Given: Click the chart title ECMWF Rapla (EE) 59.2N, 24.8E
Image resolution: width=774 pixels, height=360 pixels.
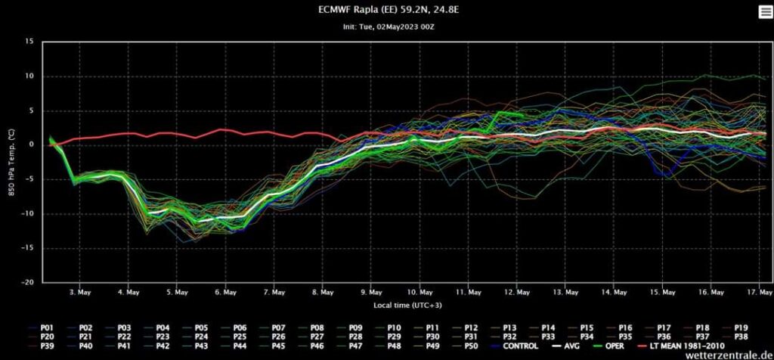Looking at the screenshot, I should [386, 11].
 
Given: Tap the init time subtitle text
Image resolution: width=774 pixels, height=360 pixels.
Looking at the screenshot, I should [386, 27].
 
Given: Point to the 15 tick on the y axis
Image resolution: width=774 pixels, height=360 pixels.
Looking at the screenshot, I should [28, 42].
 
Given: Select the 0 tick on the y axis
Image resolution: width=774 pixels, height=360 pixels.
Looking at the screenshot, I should [30, 144].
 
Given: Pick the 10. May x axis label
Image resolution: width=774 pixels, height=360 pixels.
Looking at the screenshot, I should [420, 292].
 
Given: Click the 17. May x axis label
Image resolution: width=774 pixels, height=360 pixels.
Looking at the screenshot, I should [758, 292].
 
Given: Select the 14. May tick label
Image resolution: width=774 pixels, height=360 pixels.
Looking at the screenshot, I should [614, 292].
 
